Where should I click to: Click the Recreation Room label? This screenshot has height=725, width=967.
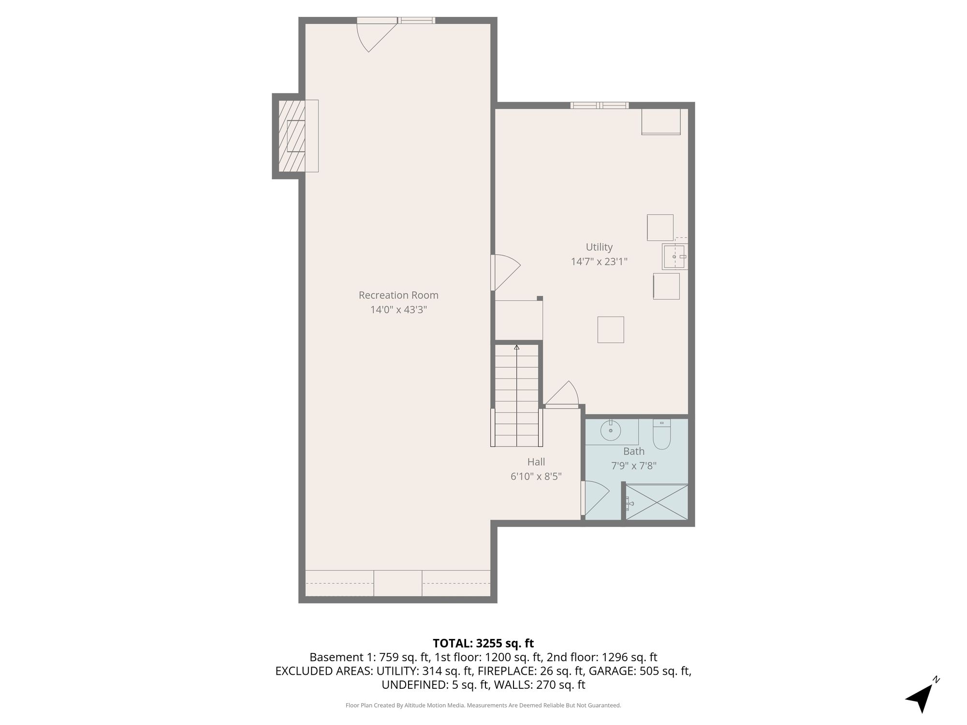point(398,295)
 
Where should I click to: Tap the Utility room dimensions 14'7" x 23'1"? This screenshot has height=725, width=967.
point(599,261)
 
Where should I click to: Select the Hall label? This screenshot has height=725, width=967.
point(536,462)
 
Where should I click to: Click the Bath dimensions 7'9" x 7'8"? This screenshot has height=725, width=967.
point(634,466)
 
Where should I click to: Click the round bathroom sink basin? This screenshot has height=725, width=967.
point(611,431)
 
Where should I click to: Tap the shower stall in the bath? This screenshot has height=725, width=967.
point(657,502)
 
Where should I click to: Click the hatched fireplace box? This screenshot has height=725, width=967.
point(292,136)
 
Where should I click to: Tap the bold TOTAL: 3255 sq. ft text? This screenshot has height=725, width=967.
point(483,643)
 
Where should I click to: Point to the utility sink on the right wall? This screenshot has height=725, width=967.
point(674,256)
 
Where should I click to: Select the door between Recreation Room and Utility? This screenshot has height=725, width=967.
point(505,273)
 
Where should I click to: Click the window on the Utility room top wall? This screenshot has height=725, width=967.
point(600,105)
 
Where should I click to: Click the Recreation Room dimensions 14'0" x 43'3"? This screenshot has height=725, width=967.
point(398,310)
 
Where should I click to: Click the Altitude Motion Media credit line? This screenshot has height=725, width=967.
point(483,705)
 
